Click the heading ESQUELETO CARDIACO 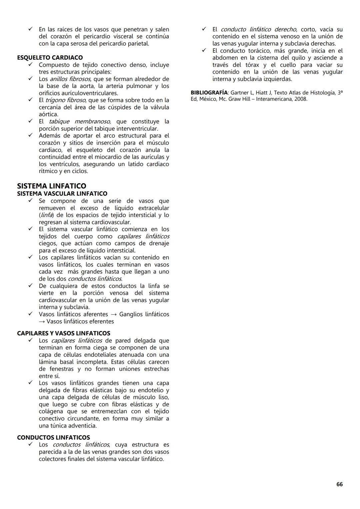pos(50,58)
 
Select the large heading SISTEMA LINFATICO pos(52,186)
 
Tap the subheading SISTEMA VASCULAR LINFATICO pos(62,194)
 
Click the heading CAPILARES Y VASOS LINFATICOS pos(63,333)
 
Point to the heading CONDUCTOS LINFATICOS pos(53,438)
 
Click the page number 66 pos(339,484)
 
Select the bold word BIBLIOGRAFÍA pos(209,93)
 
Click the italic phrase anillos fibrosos pos(70,79)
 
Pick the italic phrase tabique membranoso pos(80,122)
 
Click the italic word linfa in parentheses pos(46,215)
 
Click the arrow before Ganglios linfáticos pos(114,314)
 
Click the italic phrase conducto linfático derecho pos(258,29)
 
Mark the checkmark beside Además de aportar pos(30,135)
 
